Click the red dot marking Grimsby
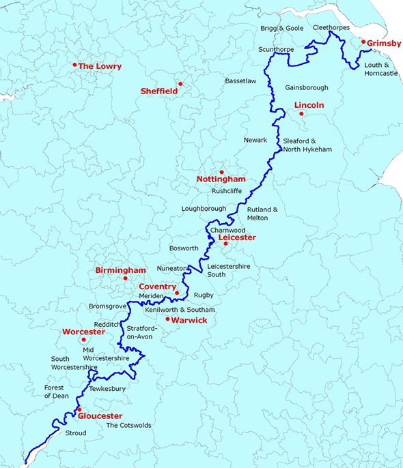tap(363, 42)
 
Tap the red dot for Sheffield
tap(180, 84)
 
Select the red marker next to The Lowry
tap(74, 65)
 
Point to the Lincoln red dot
tap(301, 114)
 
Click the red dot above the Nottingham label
tap(221, 172)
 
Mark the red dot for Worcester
tap(83, 340)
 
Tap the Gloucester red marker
tap(79, 409)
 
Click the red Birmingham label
tap(120, 270)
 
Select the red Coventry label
tap(158, 287)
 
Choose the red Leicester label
tap(237, 237)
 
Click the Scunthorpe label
tap(276, 50)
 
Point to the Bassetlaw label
tap(240, 81)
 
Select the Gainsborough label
tap(307, 87)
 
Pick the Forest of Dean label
tap(53, 392)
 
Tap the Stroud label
tap(76, 433)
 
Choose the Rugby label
tap(204, 295)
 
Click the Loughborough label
tap(204, 208)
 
